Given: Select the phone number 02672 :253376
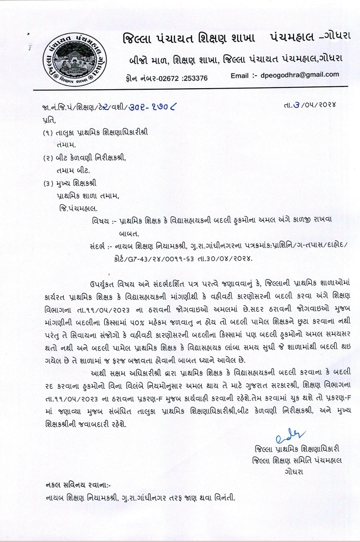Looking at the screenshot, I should pyautogui.click(x=182, y=78).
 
